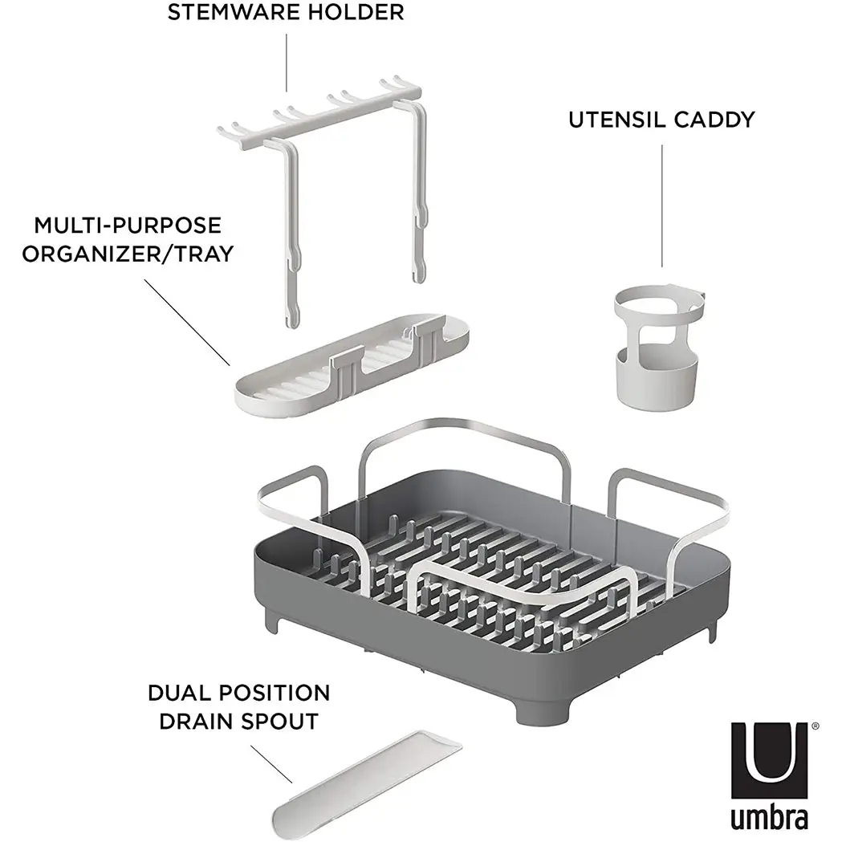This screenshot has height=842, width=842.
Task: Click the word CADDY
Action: point(714,120)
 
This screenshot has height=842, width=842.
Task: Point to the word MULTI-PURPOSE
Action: point(128,226)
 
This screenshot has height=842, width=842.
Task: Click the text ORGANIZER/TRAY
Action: point(128,254)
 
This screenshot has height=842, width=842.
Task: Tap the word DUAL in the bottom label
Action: point(181,693)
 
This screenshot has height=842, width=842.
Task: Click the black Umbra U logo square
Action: point(769,760)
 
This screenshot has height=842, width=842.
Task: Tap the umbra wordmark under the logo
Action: point(769,818)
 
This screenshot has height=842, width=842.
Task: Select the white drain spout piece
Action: point(366,785)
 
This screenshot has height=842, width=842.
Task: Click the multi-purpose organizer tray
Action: point(352,365)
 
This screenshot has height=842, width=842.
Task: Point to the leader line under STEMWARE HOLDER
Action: point(287,63)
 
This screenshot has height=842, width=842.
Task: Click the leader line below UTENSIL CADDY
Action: point(661,205)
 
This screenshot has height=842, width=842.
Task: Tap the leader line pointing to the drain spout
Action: point(271,764)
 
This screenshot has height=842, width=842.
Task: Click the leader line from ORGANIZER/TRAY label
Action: point(187,322)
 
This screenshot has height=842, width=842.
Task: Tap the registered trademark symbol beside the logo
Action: point(816,726)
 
